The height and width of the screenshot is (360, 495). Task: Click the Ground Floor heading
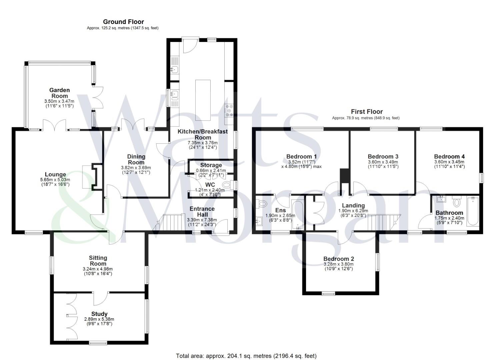click(x=123, y=22)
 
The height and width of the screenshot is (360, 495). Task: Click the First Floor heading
click(x=367, y=112)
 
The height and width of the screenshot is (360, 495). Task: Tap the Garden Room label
click(x=59, y=93)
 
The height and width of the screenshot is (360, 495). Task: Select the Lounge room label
click(x=55, y=175)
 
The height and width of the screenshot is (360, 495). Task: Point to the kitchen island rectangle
click(x=203, y=100)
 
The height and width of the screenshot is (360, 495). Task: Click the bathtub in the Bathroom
click(x=473, y=211)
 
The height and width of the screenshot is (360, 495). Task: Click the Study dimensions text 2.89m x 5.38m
click(x=99, y=319)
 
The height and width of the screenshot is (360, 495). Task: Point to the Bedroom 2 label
click(x=339, y=259)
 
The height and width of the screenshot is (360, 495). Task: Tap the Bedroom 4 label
click(x=449, y=157)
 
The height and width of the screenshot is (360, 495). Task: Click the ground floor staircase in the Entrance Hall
click(x=172, y=222)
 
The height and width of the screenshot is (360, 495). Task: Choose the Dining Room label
click(x=136, y=160)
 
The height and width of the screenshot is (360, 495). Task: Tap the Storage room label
click(x=211, y=165)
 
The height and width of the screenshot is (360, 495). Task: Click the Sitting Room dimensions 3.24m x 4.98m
click(x=98, y=269)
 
